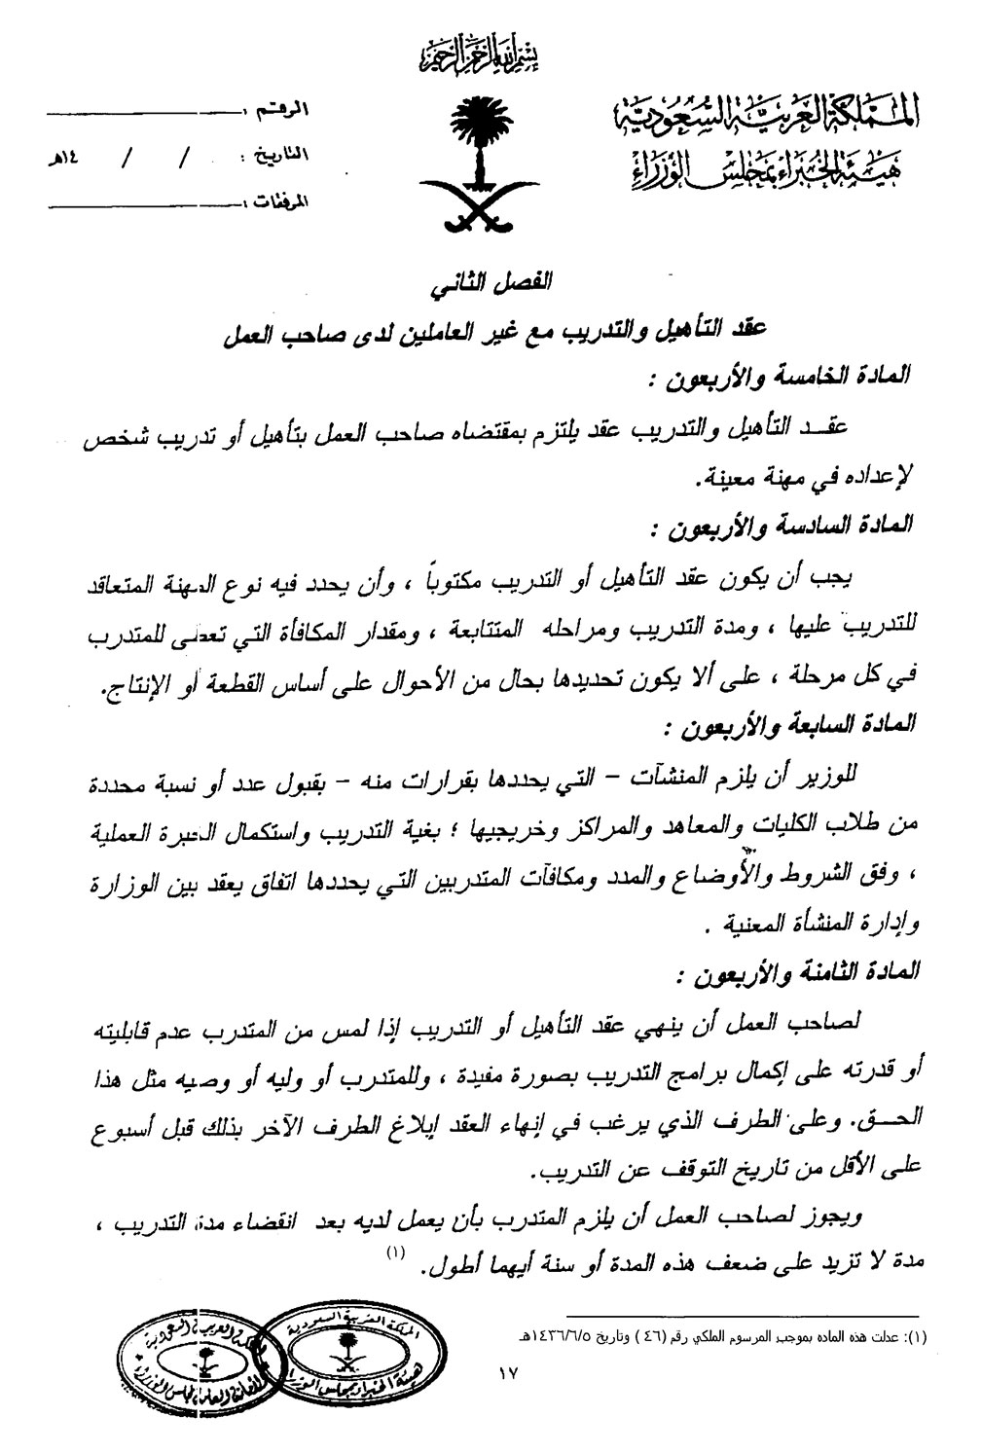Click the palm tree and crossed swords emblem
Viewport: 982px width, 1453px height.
(x=477, y=161)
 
